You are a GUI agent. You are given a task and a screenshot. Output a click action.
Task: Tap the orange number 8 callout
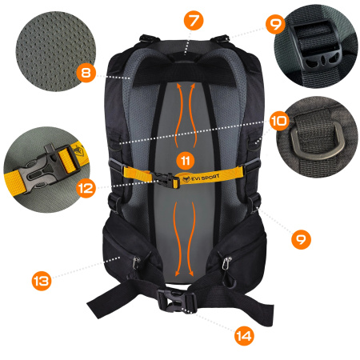click(86, 73)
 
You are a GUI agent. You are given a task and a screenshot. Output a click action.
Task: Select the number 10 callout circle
click(278, 122)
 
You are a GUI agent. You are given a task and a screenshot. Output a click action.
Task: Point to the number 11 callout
click(185, 160)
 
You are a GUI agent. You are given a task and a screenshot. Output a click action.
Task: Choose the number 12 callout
click(85, 190)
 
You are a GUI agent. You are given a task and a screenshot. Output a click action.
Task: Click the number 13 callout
click(42, 280)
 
